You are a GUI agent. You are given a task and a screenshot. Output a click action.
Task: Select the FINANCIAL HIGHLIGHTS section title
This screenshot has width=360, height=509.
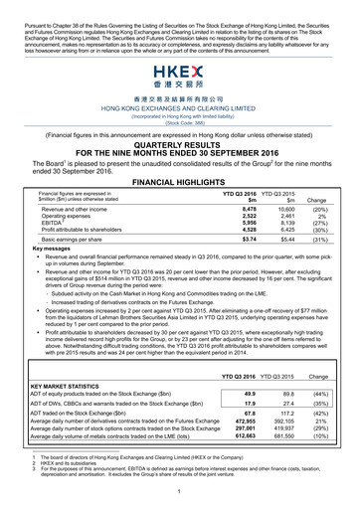(179, 185)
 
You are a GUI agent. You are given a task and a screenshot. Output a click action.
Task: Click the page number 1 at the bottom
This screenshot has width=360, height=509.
(179, 492)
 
